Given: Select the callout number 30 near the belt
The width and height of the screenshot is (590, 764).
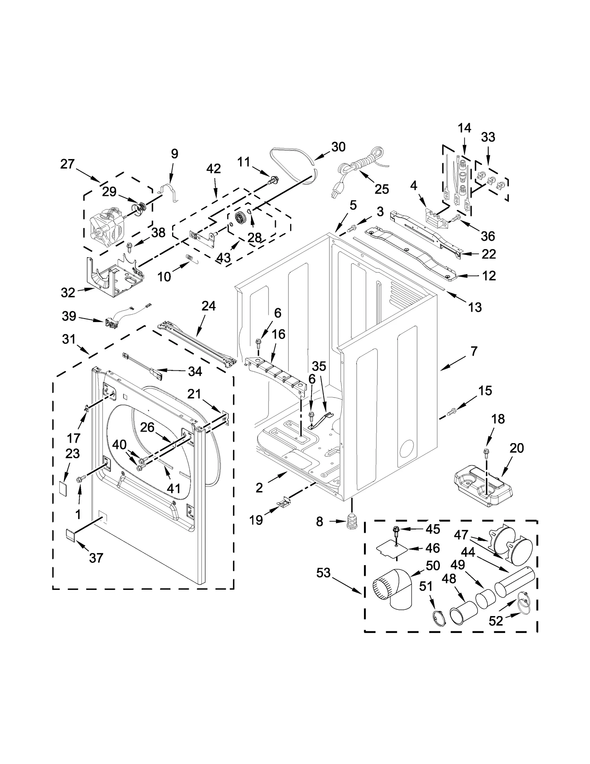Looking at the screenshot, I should click(x=338, y=147).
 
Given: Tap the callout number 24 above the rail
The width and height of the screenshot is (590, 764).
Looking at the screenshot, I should click(x=208, y=306).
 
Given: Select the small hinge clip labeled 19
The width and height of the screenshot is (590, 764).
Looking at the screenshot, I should click(x=283, y=503).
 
